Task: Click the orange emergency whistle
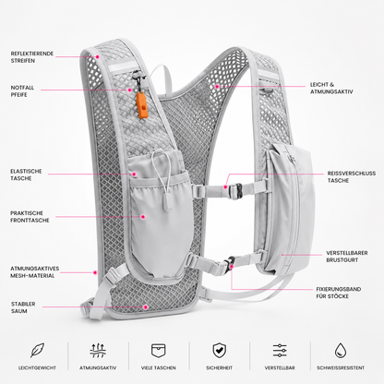[x=142, y=105]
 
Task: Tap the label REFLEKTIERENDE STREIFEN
[x=32, y=57]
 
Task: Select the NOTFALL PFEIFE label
[x=22, y=91]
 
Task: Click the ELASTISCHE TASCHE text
[x=26, y=174]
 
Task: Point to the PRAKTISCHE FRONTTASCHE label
[x=30, y=217]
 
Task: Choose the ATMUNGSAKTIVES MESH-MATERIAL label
[x=35, y=272]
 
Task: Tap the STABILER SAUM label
[x=23, y=307]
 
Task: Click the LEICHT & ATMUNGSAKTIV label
[x=331, y=88]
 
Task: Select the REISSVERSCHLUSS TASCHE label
[x=352, y=177]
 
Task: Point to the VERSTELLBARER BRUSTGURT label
[x=347, y=257]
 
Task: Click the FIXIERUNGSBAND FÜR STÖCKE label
[x=339, y=293]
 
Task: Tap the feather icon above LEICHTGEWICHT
[x=37, y=350]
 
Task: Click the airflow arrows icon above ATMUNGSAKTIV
[x=98, y=351]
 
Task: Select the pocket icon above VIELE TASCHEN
[x=159, y=351]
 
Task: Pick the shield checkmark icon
[x=219, y=351]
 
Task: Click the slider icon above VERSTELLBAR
[x=280, y=351]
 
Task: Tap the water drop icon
[x=341, y=351]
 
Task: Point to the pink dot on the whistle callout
[x=130, y=90]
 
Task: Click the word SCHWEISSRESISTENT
[x=341, y=367]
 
